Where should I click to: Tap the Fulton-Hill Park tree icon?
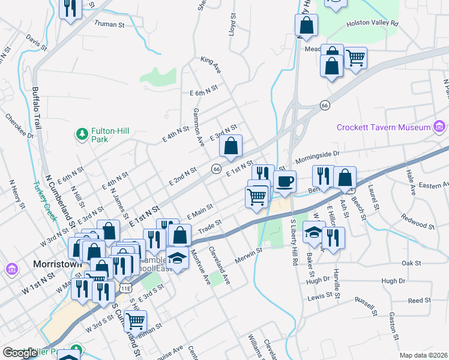[x=82, y=132]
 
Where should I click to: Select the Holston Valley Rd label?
[x=372, y=23]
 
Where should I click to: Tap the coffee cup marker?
[x=285, y=181]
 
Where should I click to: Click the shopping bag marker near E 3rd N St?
[x=231, y=146]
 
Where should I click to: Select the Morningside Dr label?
[x=316, y=157]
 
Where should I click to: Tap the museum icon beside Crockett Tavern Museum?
[x=440, y=127]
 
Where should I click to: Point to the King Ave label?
[x=211, y=65]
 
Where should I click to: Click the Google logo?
[x=20, y=353]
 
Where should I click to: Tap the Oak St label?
[x=411, y=263]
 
